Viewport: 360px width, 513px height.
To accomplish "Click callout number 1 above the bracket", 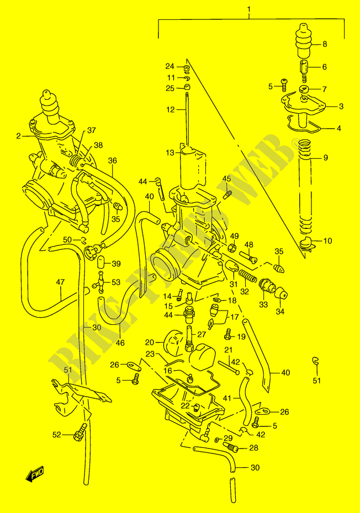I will click(x=249, y=9).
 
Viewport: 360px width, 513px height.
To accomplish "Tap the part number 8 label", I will click(x=324, y=44).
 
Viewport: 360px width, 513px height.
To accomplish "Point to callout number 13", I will click(x=170, y=153).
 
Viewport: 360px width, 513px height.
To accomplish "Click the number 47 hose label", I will click(x=60, y=283).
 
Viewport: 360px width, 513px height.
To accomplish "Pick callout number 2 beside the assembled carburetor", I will click(x=18, y=135).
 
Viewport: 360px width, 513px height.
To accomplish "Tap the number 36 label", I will click(x=113, y=161).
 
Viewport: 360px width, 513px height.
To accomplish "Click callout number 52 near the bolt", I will click(x=56, y=435).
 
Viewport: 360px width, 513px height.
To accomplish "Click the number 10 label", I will click(x=328, y=241).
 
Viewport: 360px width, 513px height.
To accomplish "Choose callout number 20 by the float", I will click(x=150, y=342).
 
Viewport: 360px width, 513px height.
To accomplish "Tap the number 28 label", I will click(x=254, y=448).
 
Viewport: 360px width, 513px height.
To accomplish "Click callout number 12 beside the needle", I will click(x=170, y=110).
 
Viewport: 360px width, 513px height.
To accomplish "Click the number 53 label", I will click(x=115, y=282).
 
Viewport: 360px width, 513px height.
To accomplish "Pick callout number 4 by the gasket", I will click(x=339, y=128).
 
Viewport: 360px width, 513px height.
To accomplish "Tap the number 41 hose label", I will click(x=227, y=398).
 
